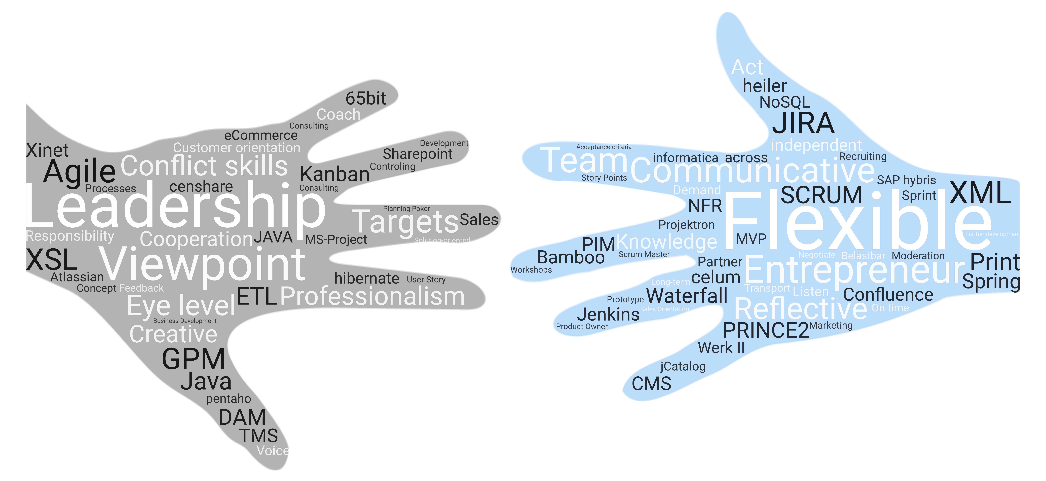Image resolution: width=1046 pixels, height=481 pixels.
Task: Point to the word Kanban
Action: pos(335,175)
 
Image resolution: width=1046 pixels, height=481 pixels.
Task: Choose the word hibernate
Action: pos(367,278)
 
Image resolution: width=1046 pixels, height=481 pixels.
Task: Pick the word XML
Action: pos(980,193)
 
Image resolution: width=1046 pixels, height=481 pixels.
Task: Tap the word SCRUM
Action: pos(821,195)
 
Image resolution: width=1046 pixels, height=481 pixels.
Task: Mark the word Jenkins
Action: pos(608,315)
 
